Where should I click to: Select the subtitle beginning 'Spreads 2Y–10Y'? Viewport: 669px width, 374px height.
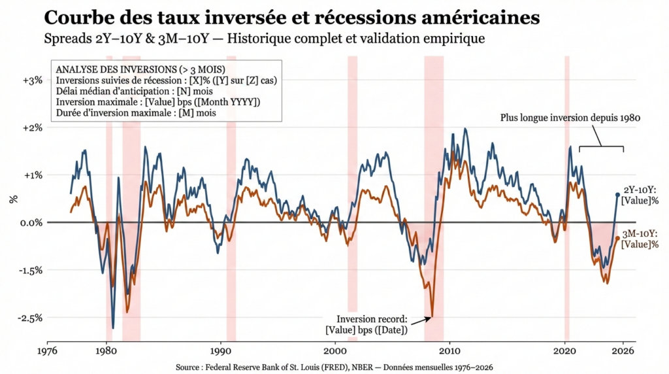264,39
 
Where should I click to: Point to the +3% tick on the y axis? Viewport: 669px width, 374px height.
33,80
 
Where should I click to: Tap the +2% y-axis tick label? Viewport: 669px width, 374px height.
33,127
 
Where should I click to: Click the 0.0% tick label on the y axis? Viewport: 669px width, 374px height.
31,222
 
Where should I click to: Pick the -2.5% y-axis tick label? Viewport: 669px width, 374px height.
31,318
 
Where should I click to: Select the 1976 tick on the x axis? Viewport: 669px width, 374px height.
48,351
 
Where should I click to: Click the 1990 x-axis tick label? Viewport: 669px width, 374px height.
220,351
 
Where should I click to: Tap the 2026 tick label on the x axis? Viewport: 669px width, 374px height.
623,351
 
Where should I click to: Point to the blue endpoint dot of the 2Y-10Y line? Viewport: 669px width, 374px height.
618,194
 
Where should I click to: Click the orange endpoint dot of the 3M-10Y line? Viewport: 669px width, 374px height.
618,239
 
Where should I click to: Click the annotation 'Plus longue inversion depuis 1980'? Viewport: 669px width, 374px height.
569,118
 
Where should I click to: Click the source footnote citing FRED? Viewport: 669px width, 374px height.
334,367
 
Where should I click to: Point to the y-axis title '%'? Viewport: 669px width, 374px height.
13,199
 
